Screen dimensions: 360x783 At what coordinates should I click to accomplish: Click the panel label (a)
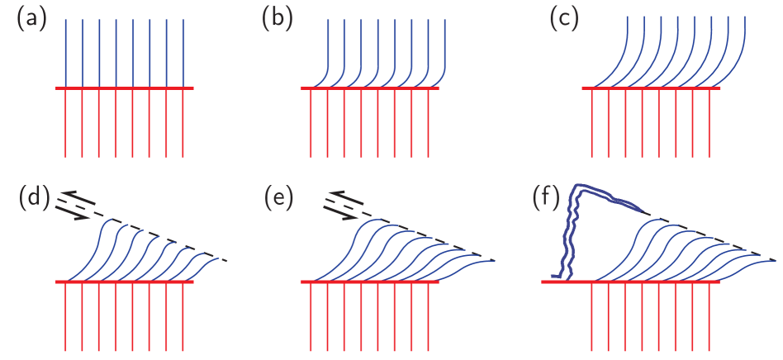click(32, 19)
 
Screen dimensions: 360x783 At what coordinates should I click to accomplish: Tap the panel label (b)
click(278, 19)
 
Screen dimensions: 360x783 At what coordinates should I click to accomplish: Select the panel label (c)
click(565, 19)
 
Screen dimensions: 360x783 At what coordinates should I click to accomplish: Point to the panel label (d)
click(33, 199)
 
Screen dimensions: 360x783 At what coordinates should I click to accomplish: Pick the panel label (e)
click(278, 199)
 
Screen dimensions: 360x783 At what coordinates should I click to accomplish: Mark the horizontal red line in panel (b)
click(371, 88)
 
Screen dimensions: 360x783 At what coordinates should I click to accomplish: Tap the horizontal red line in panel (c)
click(652, 88)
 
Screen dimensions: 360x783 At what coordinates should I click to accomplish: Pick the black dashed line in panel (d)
click(173, 239)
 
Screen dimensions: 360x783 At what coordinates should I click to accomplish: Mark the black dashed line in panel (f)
click(710, 234)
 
